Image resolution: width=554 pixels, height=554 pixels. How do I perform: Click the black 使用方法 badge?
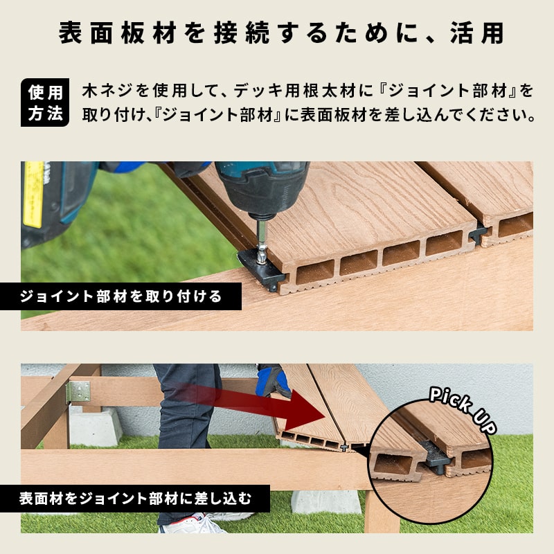[45, 102]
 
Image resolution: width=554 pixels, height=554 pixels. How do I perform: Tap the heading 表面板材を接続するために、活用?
[282, 33]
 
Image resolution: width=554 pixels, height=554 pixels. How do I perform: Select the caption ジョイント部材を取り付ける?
[120, 296]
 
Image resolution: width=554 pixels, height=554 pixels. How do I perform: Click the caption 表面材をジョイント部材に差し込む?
[135, 499]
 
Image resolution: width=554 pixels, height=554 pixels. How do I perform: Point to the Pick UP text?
[463, 409]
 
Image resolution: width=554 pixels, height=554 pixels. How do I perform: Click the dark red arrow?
[247, 406]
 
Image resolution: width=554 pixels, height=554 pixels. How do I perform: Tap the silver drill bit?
[261, 241]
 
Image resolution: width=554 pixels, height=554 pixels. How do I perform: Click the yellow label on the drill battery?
[33, 195]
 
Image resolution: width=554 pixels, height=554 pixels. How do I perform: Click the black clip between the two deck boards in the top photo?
[479, 233]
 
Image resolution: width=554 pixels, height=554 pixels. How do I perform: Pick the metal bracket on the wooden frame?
[78, 392]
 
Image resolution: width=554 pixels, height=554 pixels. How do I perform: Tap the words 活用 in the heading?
[477, 33]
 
